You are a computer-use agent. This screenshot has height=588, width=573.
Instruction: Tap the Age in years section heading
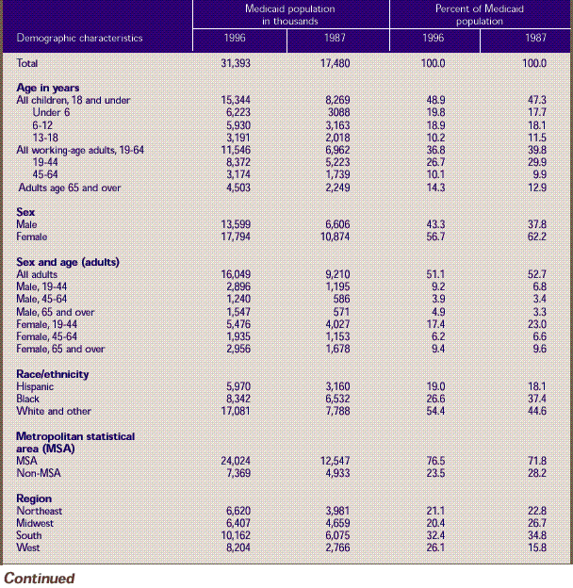click(x=48, y=88)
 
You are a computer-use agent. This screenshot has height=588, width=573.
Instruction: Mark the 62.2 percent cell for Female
click(x=534, y=237)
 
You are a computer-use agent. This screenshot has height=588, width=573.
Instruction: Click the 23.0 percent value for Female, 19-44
click(x=534, y=324)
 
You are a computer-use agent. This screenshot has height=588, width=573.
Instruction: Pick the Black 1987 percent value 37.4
click(x=534, y=399)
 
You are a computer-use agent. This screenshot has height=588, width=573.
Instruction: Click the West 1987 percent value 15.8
click(x=534, y=547)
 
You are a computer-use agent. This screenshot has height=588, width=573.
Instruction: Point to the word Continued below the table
click(x=39, y=578)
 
